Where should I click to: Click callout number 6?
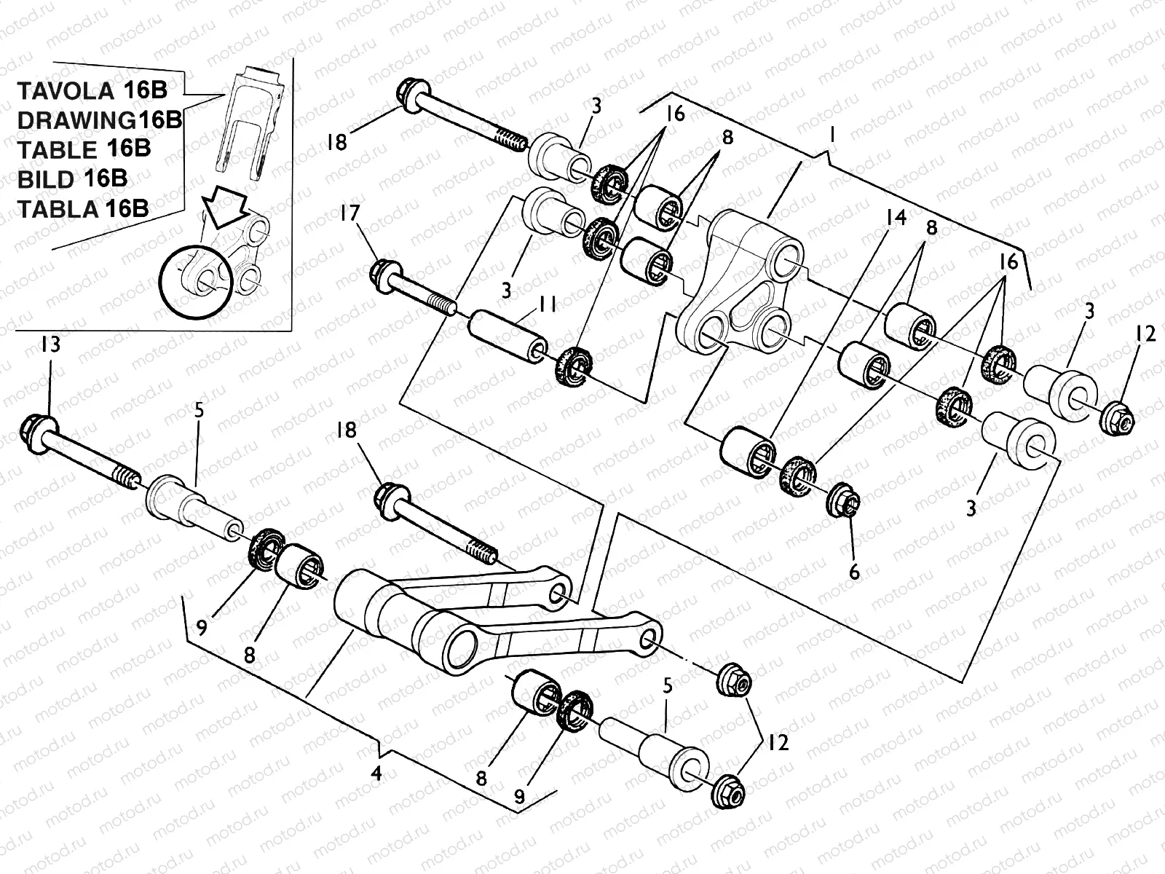[854, 572]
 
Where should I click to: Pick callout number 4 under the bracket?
[376, 773]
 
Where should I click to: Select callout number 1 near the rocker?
[832, 137]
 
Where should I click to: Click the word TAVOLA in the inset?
[61, 92]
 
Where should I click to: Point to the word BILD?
[44, 178]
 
